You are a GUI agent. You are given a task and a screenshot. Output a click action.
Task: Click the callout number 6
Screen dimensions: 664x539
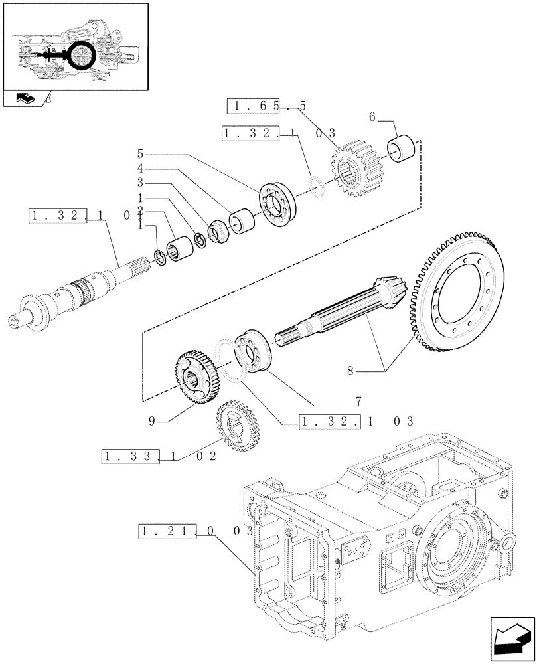(x=372, y=116)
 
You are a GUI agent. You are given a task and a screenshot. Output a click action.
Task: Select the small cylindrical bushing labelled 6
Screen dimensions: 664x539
(x=404, y=149)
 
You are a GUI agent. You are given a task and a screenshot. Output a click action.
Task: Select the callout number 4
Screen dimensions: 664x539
(x=141, y=169)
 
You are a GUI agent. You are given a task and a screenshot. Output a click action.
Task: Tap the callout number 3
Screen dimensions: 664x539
(x=141, y=182)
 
